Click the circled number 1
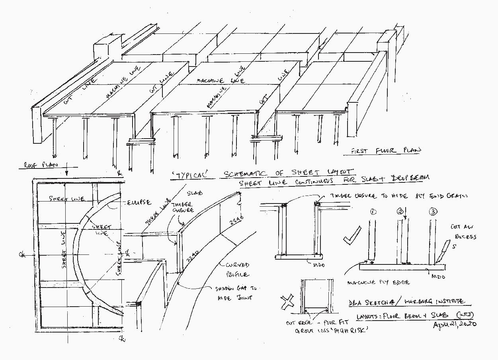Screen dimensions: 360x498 point(373,212)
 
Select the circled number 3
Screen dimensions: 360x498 point(433,211)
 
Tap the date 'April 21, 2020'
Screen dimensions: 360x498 point(454,324)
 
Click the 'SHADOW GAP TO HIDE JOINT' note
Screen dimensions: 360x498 point(236,293)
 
